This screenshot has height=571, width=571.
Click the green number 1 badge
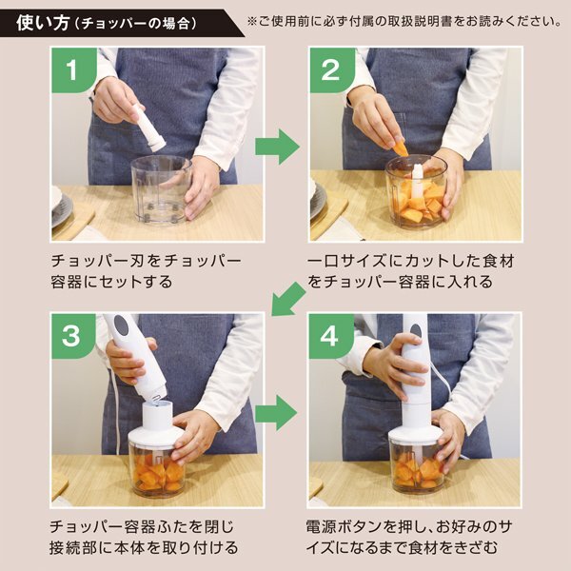point(74,69)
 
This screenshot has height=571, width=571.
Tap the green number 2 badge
point(331,69)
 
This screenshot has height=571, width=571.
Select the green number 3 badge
point(73,336)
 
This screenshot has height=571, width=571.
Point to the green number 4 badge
point(330,336)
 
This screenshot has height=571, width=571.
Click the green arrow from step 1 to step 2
point(278,147)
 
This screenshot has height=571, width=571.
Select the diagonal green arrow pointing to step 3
point(288,300)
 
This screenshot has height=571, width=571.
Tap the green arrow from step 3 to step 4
point(277,413)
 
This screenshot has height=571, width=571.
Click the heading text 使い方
point(43,23)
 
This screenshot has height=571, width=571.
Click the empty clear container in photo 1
point(161,189)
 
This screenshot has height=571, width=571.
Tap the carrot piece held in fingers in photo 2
point(400,148)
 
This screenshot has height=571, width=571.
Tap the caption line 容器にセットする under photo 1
point(111,282)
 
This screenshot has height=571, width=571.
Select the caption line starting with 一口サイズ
point(410,261)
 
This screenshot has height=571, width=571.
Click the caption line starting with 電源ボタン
point(408,527)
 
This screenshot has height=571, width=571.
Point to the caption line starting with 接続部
point(144,548)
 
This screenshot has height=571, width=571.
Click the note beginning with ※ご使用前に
point(404,21)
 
